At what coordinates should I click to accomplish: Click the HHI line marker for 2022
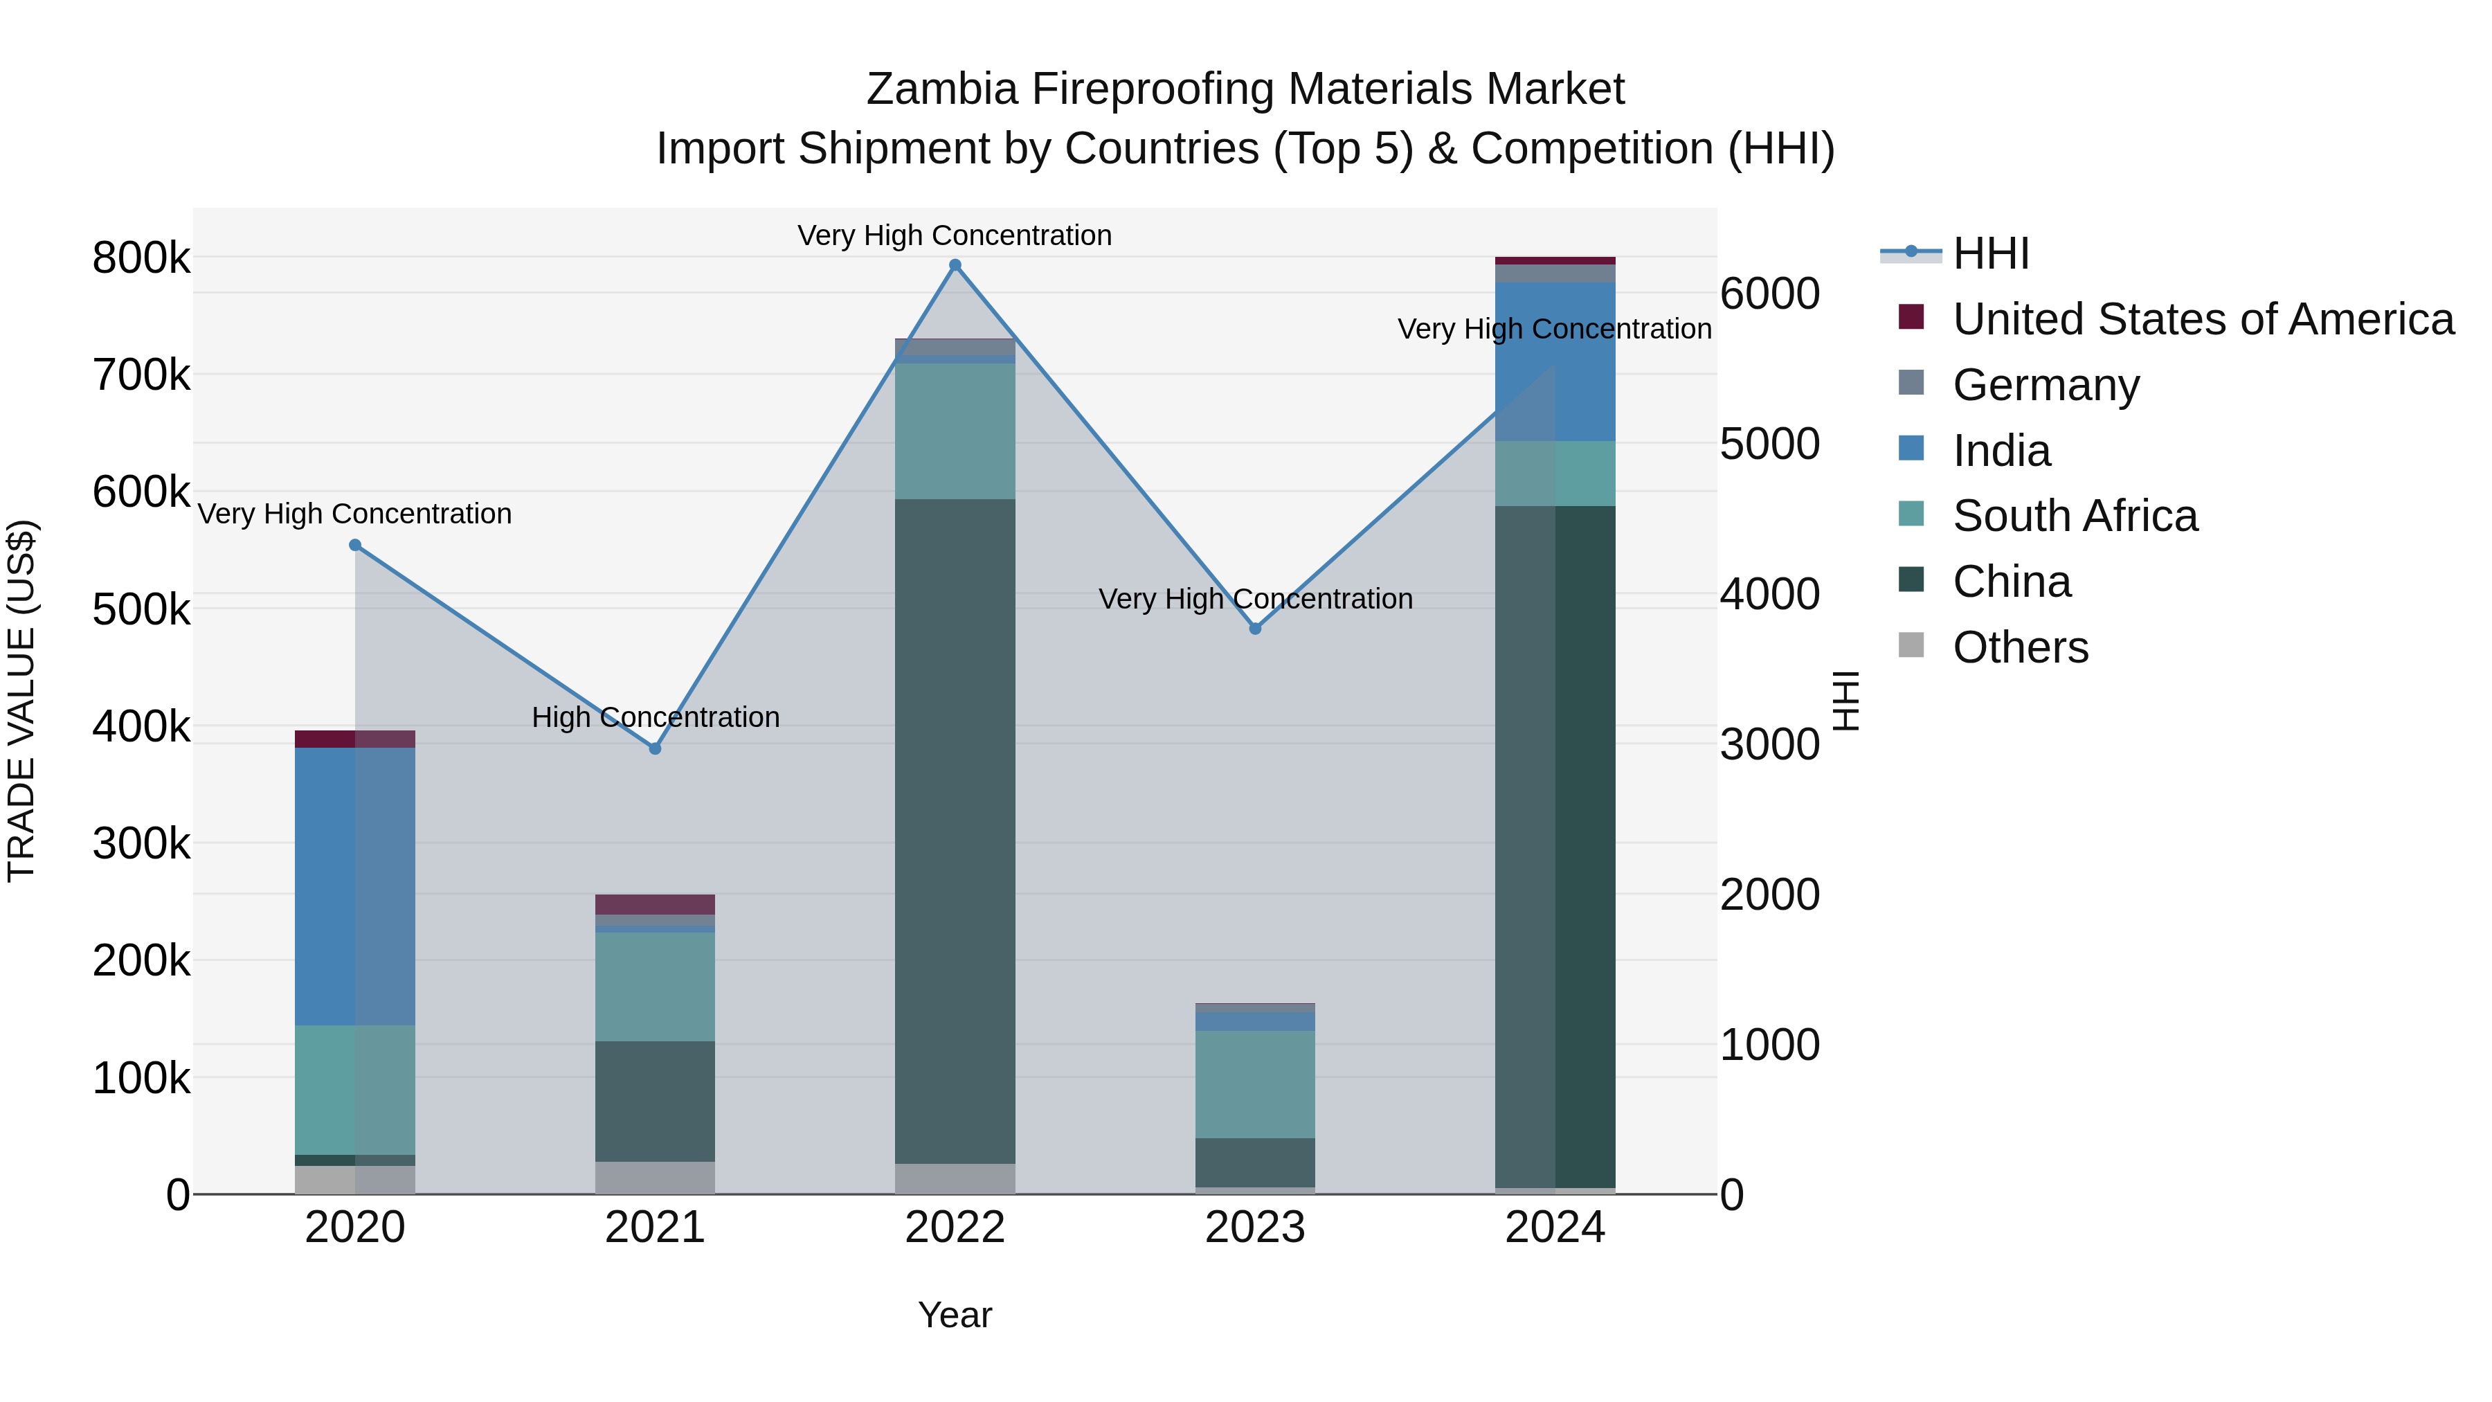(x=955, y=265)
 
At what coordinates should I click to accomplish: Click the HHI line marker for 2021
(x=655, y=748)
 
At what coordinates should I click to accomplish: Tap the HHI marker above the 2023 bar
(x=1255, y=628)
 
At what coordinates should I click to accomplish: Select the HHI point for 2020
(x=355, y=545)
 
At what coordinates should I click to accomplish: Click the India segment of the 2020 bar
(x=355, y=886)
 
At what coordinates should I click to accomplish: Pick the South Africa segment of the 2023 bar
(x=1255, y=1084)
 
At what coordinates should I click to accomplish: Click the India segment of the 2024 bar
(x=1555, y=362)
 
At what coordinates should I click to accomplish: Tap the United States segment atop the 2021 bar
(x=655, y=904)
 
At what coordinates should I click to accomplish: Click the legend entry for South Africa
(x=2074, y=516)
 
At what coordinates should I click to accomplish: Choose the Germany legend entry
(x=2045, y=384)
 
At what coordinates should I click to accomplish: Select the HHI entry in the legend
(x=1990, y=253)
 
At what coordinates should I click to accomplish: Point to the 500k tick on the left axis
(x=141, y=609)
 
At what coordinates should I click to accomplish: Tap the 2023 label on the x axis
(x=1255, y=1228)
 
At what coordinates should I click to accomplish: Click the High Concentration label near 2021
(x=655, y=717)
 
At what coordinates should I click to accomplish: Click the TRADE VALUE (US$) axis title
(x=21, y=701)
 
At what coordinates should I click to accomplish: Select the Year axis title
(x=955, y=1315)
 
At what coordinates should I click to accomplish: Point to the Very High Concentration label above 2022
(x=954, y=235)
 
